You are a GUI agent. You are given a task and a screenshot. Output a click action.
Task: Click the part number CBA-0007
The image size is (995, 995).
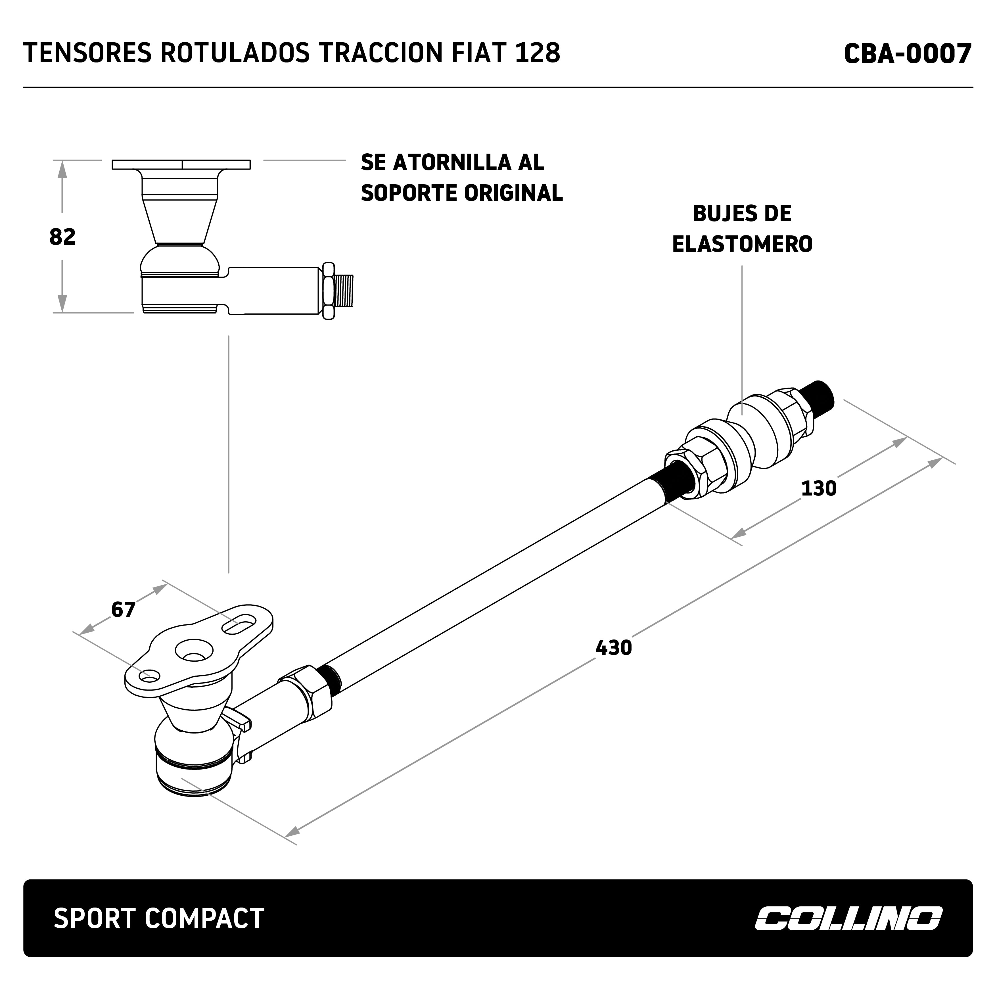coord(908,54)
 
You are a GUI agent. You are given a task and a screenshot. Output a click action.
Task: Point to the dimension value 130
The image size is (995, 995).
coord(818,488)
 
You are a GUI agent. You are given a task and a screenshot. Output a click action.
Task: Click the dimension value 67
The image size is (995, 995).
coord(123,610)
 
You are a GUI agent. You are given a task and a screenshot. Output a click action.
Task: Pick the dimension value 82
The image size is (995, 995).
coord(62,237)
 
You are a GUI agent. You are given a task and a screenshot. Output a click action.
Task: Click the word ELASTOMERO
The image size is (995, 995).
coord(742,244)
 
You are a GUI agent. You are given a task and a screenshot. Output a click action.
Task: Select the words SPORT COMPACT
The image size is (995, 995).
coord(159,918)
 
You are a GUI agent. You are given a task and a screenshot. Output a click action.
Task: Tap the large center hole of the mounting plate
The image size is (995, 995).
coord(194,651)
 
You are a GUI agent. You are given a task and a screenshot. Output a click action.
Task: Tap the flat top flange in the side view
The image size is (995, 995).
coord(181,165)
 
